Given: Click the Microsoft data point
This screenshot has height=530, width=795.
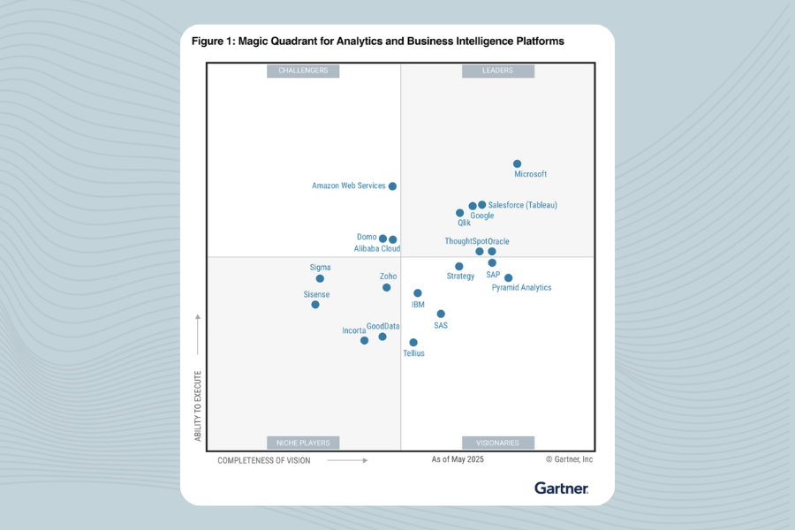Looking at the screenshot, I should (x=518, y=163).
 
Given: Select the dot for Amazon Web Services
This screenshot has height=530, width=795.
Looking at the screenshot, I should (x=392, y=186).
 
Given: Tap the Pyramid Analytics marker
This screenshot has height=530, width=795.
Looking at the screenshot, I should (x=508, y=277).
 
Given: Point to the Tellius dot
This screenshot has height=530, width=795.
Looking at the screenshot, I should (x=413, y=343).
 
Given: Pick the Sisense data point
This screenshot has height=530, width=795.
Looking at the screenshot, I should (x=315, y=305).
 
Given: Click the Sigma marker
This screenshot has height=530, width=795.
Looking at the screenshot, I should (x=320, y=278).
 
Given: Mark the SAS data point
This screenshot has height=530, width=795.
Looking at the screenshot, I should (x=441, y=314).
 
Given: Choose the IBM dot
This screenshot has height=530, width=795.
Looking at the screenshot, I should (x=418, y=293).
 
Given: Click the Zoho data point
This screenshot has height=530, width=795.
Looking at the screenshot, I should (x=387, y=287).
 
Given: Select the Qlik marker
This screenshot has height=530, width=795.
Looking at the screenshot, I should (x=459, y=213).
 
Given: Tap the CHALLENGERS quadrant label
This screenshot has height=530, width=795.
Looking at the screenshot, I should (x=303, y=71).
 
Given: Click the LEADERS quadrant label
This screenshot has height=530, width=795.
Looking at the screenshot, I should (x=497, y=71).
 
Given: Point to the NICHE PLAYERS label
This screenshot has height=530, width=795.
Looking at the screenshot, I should (x=303, y=443).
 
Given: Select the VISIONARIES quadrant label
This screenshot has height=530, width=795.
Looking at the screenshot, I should (x=497, y=443).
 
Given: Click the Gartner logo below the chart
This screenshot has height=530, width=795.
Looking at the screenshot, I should (x=561, y=488).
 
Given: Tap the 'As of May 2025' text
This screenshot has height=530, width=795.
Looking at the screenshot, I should (x=458, y=460).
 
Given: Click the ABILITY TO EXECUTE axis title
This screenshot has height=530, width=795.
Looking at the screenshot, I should (x=198, y=406).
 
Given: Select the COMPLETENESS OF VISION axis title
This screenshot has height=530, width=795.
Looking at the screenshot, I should (x=264, y=460).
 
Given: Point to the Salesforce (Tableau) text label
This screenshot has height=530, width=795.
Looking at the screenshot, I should (x=523, y=205).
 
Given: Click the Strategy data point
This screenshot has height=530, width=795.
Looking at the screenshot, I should (x=459, y=266).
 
